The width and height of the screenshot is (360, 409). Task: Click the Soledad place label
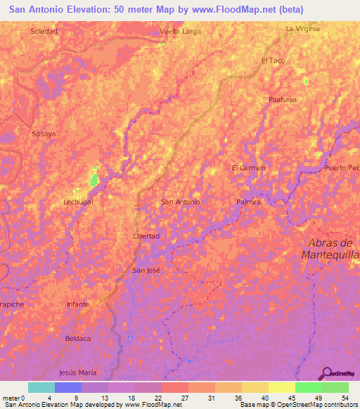point(44,32)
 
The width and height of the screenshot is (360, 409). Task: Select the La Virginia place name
point(302,29)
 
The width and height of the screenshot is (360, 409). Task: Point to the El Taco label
point(273,61)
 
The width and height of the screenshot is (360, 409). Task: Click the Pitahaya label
point(283,100)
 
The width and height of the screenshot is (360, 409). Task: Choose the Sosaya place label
point(44,133)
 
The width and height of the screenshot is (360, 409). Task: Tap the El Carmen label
point(249,168)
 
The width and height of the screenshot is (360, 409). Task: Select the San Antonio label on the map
point(181,202)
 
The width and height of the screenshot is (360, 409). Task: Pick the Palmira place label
point(249,202)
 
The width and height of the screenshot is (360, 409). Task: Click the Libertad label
point(147,236)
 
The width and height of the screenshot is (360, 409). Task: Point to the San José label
point(147,270)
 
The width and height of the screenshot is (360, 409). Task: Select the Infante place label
point(77,304)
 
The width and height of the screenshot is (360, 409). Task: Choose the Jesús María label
point(78,372)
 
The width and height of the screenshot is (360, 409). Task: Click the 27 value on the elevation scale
point(174,397)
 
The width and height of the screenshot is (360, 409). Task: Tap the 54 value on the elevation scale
point(345,397)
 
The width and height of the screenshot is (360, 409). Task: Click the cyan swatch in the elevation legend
point(41,387)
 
